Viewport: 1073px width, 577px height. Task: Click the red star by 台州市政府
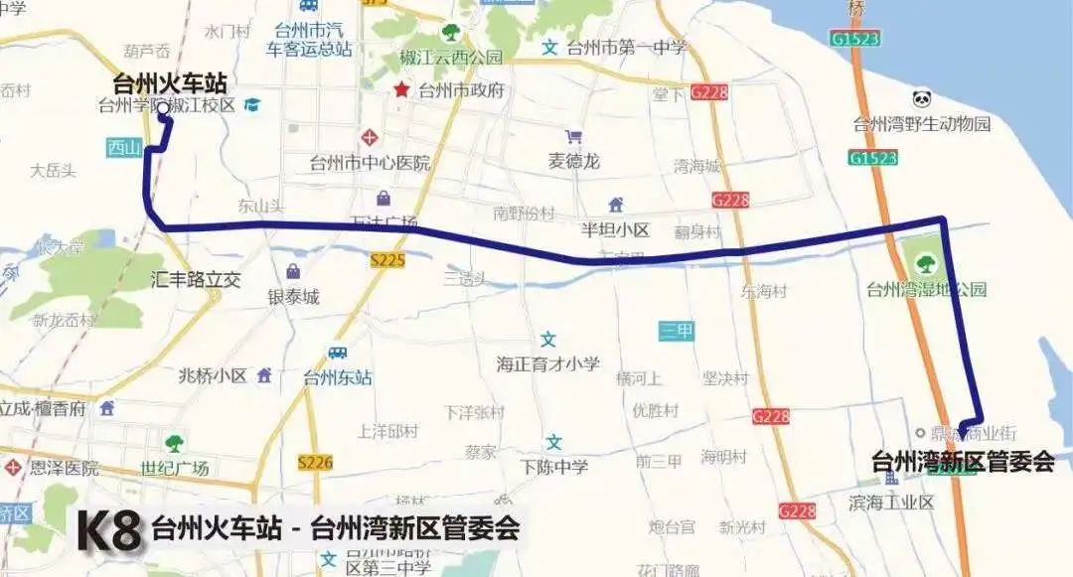(401, 90)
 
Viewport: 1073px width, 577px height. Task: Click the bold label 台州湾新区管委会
(962, 462)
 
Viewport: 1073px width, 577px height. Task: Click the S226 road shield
(315, 462)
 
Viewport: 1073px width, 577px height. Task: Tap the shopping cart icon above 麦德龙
(573, 137)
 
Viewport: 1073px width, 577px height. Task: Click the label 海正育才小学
(548, 363)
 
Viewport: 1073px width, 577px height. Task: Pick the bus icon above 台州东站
(338, 354)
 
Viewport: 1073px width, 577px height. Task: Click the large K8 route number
(108, 531)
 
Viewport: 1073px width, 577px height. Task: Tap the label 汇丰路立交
(197, 280)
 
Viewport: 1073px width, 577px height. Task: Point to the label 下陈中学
(554, 467)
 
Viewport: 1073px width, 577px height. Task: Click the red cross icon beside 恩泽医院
(13, 467)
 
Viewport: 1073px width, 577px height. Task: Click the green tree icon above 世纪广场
(175, 443)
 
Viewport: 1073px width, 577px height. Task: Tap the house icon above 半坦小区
(616, 206)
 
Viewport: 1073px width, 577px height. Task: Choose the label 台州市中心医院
(370, 163)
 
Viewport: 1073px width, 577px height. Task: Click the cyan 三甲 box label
(677, 332)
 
